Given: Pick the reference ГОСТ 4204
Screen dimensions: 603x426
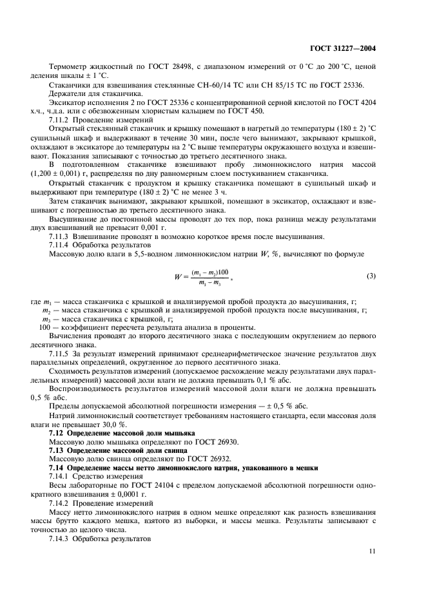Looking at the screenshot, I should [358, 102].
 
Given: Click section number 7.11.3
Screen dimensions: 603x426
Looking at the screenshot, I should [60, 236].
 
